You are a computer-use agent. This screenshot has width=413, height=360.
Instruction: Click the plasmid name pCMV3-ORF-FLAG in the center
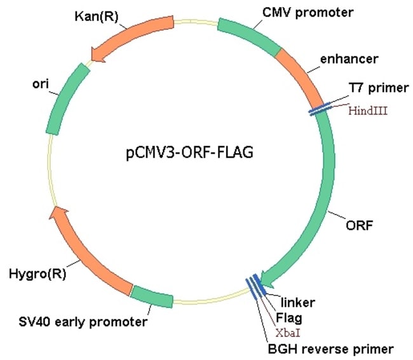tap(189, 152)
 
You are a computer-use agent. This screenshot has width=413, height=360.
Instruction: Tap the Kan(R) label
tap(97, 17)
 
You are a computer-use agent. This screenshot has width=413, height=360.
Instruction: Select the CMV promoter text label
tap(308, 13)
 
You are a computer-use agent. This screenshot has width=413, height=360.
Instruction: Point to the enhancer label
tap(349, 59)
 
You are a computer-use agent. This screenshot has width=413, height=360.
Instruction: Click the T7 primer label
tap(379, 88)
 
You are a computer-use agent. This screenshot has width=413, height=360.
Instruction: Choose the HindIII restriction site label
tap(368, 110)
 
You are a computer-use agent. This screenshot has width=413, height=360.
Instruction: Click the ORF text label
tap(359, 225)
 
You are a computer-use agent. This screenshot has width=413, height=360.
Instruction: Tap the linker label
tap(298, 302)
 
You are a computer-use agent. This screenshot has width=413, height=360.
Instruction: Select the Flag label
tap(289, 318)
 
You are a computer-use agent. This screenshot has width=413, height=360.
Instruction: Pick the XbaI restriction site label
tap(288, 333)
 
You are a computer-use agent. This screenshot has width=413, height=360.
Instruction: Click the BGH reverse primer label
tap(331, 349)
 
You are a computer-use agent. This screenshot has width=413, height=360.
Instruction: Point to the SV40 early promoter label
tap(83, 322)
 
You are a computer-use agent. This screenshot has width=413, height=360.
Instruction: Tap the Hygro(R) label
tap(37, 274)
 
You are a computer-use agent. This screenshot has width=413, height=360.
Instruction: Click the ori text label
tap(41, 84)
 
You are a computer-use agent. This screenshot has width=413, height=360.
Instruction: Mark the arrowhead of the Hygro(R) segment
tap(58, 212)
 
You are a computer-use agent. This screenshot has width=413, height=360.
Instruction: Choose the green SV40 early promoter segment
tap(152, 297)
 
